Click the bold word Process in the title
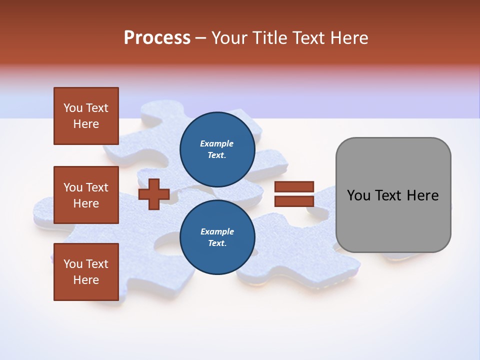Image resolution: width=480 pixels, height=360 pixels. pos(157,38)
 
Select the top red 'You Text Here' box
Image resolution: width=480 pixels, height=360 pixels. pos(86,116)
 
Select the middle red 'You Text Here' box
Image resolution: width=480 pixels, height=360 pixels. pos(86,195)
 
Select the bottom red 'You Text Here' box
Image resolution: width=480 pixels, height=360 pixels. pos(86,272)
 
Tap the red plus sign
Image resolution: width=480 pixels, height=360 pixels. pos(154,194)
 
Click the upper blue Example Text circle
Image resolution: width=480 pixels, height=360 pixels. pos(217,149)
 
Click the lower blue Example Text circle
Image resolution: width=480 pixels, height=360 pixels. pos(217,237)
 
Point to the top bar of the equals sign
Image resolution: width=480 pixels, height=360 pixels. pos(294,187)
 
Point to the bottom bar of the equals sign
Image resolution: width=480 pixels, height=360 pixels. pos(294,201)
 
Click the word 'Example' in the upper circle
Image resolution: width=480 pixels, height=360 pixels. pos(217,144)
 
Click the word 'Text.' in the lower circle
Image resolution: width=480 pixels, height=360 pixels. pos(217,243)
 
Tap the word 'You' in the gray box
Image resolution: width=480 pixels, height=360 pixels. pos(358,195)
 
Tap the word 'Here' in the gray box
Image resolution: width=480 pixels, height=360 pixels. pos(423,195)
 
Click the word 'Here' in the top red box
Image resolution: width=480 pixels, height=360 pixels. pos(86,124)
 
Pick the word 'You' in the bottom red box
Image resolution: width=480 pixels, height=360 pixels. pos(73,264)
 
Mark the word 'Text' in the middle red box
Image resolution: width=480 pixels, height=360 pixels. pos(97,187)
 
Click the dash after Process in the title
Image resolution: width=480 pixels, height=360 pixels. pos(201,38)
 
